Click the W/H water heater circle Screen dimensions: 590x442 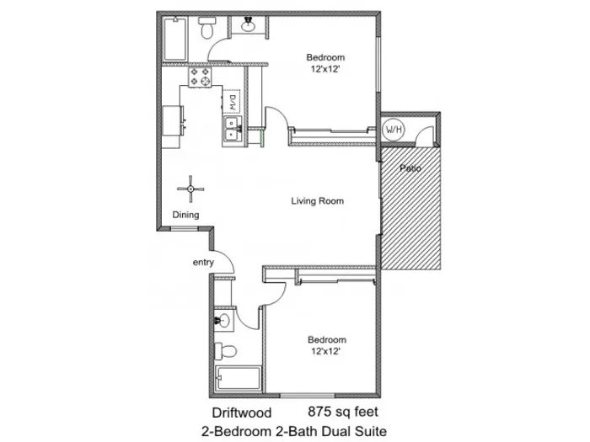pos(394,130)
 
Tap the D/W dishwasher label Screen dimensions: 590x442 pos(232,102)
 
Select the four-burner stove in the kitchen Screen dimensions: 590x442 pos(200,77)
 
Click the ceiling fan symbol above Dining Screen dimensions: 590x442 pos(190,189)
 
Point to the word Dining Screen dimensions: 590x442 pos(185,215)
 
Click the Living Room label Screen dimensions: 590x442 pos(317,200)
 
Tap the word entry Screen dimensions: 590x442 pos(203,263)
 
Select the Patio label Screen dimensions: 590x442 pos(410,168)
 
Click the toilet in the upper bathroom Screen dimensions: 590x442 pos(206,28)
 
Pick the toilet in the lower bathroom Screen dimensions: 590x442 pos(225,351)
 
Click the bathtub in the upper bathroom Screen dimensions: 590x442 pos(175,39)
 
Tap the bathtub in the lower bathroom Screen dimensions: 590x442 pos(239,379)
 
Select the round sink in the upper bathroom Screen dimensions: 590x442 pos(248,24)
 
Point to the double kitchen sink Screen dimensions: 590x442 pos(232,129)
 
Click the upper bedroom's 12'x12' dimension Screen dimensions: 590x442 pos(325,69)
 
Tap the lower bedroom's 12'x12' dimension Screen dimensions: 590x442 pos(326,351)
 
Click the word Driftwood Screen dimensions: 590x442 pos(242,413)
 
